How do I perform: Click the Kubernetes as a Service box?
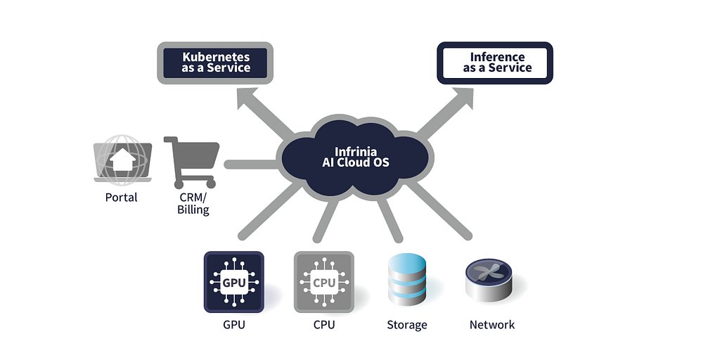[216, 63]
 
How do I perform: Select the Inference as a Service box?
[496, 63]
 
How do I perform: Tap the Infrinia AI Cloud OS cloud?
[354, 159]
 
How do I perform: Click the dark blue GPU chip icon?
[233, 282]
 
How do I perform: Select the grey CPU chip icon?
[323, 282]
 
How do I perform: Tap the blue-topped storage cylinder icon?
[407, 281]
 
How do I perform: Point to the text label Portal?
[122, 198]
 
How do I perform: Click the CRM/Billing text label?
[193, 203]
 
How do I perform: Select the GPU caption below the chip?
[233, 325]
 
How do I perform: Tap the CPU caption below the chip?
[324, 325]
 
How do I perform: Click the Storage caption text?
[407, 325]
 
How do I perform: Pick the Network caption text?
[492, 325]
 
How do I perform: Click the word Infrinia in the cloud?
[355, 151]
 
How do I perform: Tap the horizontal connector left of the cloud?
[250, 165]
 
